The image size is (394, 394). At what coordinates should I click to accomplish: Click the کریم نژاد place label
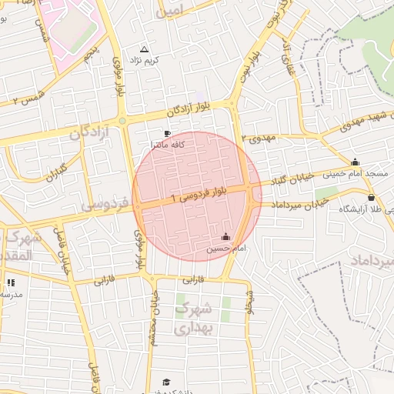[x=144, y=60]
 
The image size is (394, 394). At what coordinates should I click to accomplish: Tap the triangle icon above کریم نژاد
[x=144, y=49]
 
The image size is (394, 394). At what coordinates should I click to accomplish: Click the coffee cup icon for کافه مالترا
[x=168, y=134]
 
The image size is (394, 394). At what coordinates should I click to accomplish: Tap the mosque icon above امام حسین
[x=225, y=238]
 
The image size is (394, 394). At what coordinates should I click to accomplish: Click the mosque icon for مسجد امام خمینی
[x=355, y=162]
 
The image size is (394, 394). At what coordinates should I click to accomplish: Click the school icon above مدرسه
[x=11, y=282]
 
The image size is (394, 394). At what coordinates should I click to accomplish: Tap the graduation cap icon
[x=165, y=382]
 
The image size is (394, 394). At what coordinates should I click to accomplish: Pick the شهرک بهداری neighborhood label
[x=192, y=318]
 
